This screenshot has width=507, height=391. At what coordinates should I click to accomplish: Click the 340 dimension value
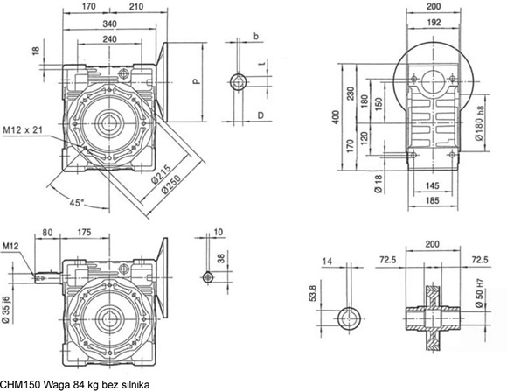point(109,24)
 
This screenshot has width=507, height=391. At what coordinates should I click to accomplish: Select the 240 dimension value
point(109,39)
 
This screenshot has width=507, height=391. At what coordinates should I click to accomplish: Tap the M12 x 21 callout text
point(23,130)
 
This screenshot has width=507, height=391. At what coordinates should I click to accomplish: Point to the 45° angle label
point(77,203)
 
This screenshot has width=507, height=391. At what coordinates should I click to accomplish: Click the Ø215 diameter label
point(161,174)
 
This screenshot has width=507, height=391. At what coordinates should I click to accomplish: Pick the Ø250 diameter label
point(171,185)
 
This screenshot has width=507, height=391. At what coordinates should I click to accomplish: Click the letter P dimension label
point(197,81)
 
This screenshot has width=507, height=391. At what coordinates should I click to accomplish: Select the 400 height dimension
point(336,117)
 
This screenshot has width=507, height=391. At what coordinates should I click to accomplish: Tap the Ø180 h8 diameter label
point(480,123)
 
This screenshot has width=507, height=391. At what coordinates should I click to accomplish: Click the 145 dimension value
point(433,185)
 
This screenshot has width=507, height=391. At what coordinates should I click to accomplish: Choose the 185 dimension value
point(433,200)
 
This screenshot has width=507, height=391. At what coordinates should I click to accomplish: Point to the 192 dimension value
point(434,22)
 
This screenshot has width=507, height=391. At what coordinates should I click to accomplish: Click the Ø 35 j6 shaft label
point(6,309)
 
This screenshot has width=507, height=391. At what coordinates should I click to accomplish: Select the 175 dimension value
point(84,232)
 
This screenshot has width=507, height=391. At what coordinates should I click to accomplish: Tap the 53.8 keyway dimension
point(313,293)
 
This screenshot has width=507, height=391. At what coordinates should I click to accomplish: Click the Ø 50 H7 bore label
point(480,293)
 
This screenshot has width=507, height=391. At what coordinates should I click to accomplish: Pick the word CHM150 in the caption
point(20,385)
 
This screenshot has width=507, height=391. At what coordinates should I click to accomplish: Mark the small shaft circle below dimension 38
point(208,277)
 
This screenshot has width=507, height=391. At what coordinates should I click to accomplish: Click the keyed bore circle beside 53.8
point(349,318)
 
